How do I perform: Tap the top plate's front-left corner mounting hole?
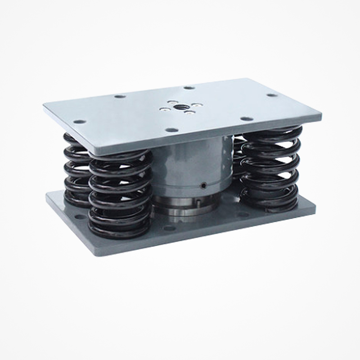[79, 121]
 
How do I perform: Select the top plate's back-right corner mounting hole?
[271, 95]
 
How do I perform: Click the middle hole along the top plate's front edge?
[171, 130]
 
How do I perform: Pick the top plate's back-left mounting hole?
[119, 96]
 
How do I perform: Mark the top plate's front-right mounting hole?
[245, 119]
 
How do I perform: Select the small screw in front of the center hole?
[190, 112]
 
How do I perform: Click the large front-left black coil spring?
[120, 193]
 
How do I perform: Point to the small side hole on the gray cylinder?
[204, 184]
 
